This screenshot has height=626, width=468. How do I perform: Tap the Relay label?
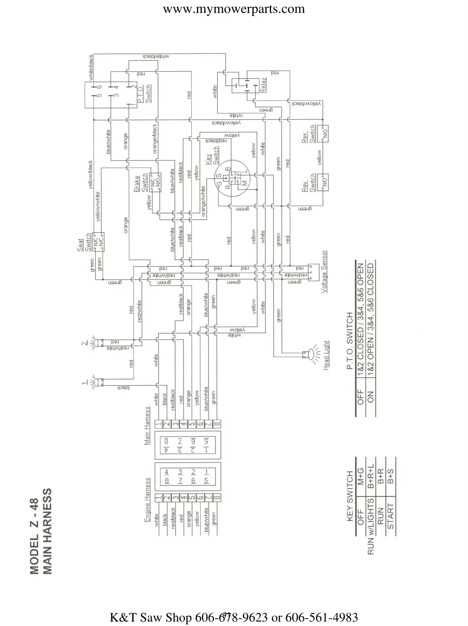[263, 85]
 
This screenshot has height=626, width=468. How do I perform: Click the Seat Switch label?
[84, 242]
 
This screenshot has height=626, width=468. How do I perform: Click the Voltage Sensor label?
[324, 272]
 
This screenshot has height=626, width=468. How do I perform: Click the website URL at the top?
[234, 9]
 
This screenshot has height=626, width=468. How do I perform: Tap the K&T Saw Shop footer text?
[234, 617]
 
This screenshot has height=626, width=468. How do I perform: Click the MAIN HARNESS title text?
[47, 531]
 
